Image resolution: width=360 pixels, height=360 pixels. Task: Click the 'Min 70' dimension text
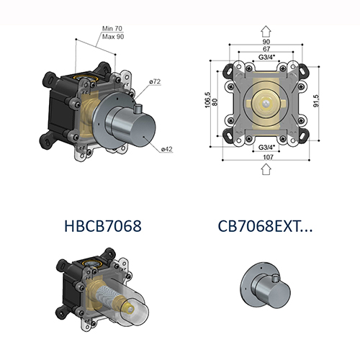[x=112, y=27]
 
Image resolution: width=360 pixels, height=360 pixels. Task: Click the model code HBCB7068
[x=101, y=225]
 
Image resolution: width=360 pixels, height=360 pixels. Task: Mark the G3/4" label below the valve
[x=265, y=146]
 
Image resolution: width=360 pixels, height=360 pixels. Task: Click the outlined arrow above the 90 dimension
[x=265, y=30]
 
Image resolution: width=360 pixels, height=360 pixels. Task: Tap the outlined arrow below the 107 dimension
[x=265, y=169]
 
